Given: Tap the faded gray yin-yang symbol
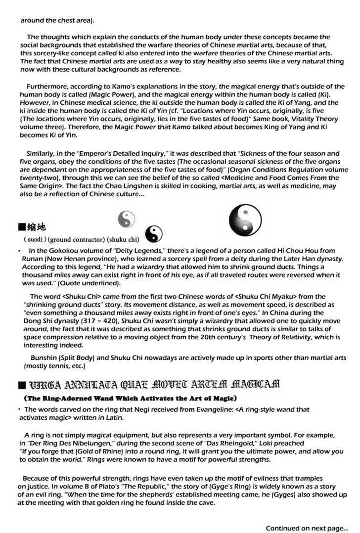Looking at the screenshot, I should coord(127,218).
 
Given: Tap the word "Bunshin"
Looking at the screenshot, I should coord(45,358).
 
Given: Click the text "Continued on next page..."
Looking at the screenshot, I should coord(307,527).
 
